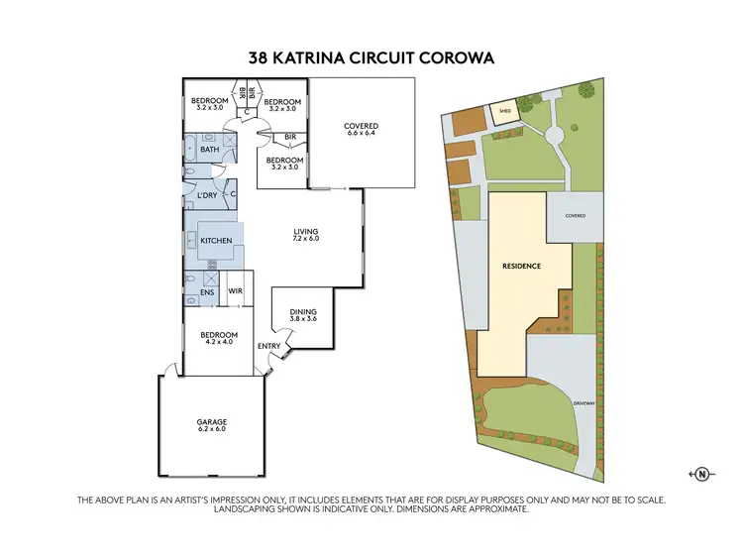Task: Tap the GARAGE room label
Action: [211, 425]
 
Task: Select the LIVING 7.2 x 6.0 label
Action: [305, 235]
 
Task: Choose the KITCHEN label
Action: [216, 241]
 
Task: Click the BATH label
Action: [209, 150]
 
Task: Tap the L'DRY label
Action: [206, 195]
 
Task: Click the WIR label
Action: [235, 290]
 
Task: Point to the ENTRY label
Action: [267, 346]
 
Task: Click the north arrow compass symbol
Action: [701, 474]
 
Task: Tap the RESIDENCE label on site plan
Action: [521, 267]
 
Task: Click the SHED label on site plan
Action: [503, 112]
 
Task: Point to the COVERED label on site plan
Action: [576, 215]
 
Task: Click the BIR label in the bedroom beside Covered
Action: [290, 137]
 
